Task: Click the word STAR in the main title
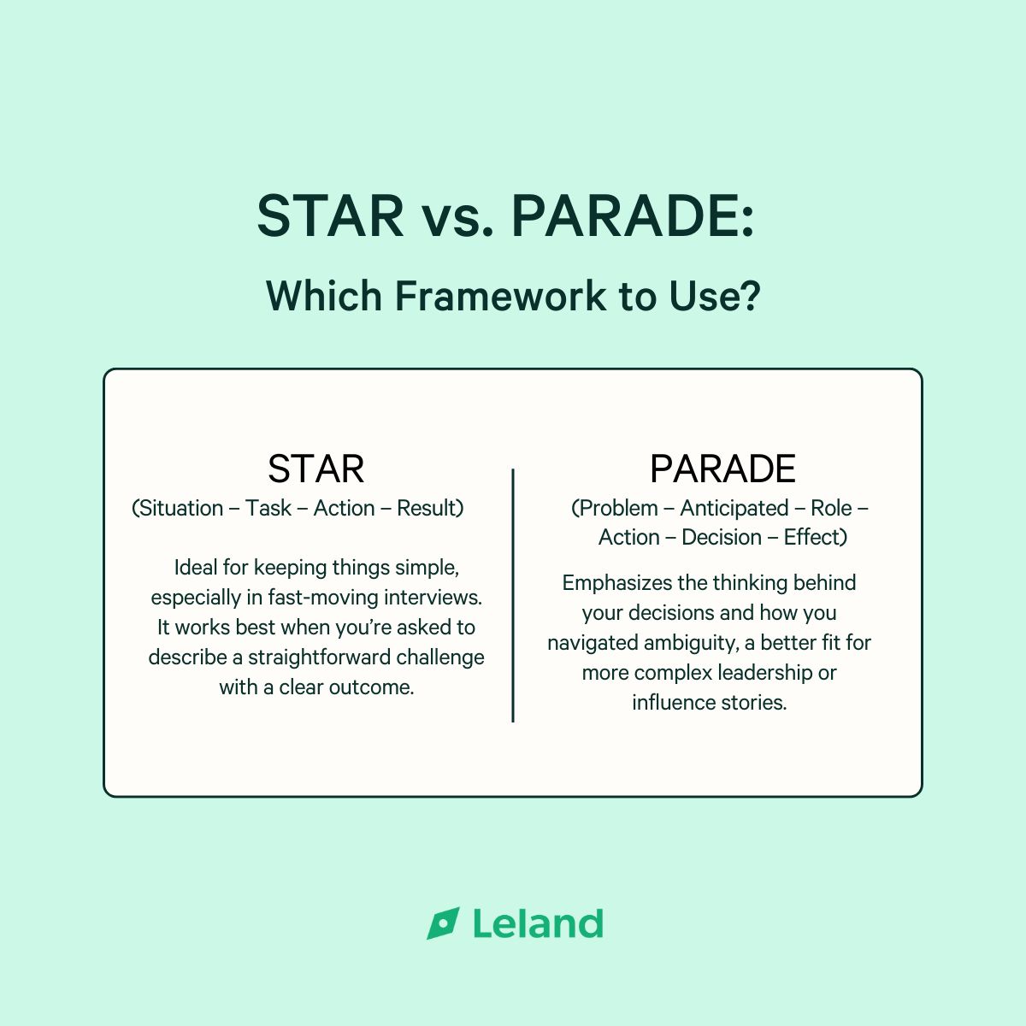pyautogui.click(x=331, y=215)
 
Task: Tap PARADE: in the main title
pyautogui.click(x=633, y=215)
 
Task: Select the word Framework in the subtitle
pyautogui.click(x=500, y=296)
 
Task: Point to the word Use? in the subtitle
pyautogui.click(x=715, y=296)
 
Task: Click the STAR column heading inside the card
pyautogui.click(x=316, y=469)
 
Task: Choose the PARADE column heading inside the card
pyautogui.click(x=722, y=469)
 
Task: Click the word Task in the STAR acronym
pyautogui.click(x=268, y=508)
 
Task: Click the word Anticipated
pyautogui.click(x=734, y=509)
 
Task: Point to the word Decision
pyautogui.click(x=722, y=537)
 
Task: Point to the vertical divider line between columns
pyautogui.click(x=513, y=595)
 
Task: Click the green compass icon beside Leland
pyautogui.click(x=443, y=923)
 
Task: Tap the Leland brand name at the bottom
pyautogui.click(x=539, y=923)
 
